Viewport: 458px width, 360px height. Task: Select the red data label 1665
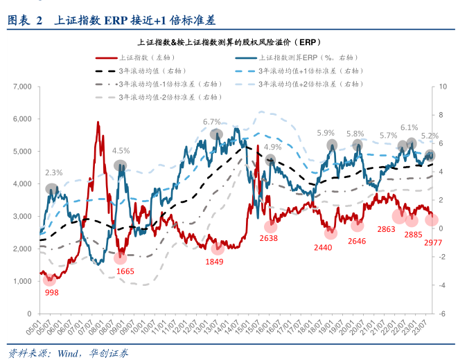[x=125, y=271]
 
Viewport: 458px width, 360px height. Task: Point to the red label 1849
[x=215, y=261]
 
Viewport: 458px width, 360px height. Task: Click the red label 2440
[x=324, y=248]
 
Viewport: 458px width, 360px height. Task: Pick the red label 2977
[x=433, y=242]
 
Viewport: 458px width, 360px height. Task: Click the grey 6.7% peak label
[x=211, y=122]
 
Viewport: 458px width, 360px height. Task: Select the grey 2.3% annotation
[x=54, y=172]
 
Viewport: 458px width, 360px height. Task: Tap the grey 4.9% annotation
[x=272, y=147]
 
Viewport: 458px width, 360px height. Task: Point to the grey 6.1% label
[x=409, y=127]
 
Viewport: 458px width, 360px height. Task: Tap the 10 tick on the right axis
[x=443, y=87]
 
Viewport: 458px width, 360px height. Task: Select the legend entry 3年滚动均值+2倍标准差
[x=312, y=84]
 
